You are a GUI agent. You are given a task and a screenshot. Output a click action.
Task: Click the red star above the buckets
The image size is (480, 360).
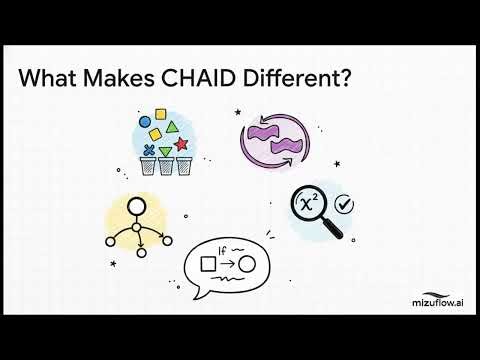point(182,146)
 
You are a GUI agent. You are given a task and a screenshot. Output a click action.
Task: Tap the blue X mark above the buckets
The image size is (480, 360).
point(150,151)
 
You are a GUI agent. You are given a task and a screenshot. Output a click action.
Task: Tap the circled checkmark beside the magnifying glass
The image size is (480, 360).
point(346,203)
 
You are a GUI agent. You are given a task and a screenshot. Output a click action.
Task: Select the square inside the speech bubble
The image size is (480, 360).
point(208,264)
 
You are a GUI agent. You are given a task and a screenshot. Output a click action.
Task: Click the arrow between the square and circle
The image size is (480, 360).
point(227,264)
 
